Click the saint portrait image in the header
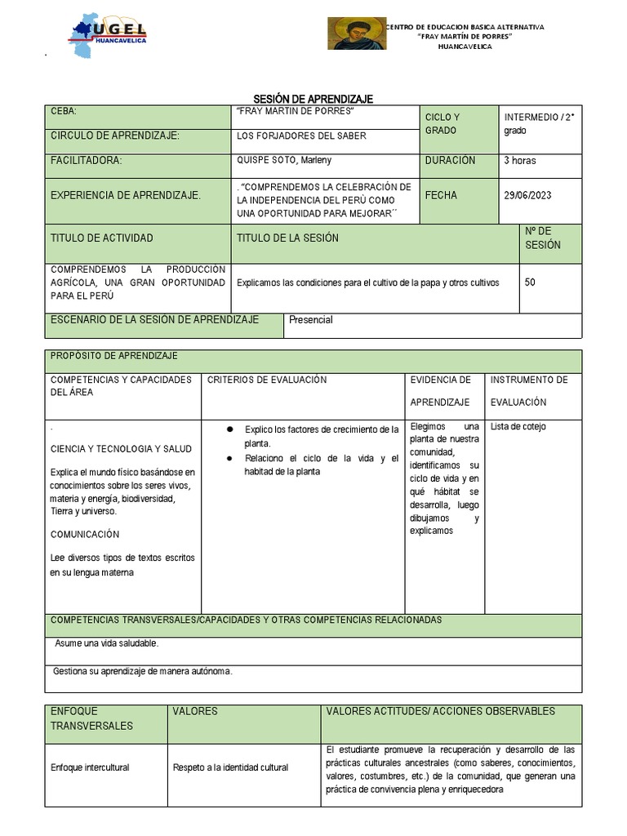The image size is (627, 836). pos(357,33)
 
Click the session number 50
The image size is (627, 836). pos(531,282)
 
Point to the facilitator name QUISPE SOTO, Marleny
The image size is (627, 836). pos(284,160)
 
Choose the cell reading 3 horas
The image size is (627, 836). pos(520,161)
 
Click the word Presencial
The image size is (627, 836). pos(311,320)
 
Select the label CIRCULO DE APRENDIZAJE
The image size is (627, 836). pos(115,136)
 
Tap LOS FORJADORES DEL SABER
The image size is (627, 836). pos(301,136)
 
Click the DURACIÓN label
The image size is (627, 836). pos(450,161)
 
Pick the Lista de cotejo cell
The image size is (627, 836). pos(518,427)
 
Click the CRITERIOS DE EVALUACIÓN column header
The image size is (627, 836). pos(267,380)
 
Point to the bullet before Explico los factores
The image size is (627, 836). pos(231,429)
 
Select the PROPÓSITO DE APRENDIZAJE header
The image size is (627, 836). pos(114,356)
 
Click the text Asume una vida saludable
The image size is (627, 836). pos(107,643)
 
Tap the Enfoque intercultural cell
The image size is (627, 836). pos(90,767)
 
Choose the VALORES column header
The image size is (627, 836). pos(195,711)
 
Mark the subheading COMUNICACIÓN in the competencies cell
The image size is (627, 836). pos(85,534)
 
